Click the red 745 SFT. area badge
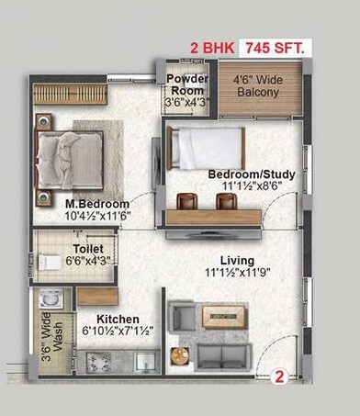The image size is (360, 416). pos(275,44)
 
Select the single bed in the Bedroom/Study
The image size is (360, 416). pos(208,147)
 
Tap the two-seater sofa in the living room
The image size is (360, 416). pos(220,356)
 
